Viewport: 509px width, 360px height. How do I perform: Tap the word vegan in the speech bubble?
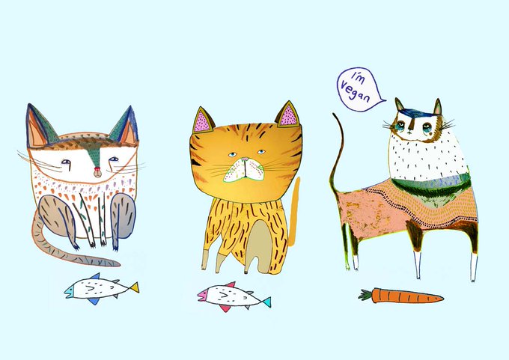pos(355,91)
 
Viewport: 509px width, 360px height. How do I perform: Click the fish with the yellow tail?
pos(101,289)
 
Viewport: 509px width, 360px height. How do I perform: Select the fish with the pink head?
pos(234,296)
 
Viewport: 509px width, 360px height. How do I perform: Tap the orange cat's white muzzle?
pos(245,170)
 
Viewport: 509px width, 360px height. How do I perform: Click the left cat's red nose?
pos(97,169)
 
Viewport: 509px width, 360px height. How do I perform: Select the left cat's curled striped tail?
pos(61,247)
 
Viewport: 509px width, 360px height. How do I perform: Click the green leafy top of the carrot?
pos(365,295)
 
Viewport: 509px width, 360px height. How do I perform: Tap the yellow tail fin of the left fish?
pos(134,287)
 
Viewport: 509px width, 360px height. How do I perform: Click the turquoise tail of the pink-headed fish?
pos(266,302)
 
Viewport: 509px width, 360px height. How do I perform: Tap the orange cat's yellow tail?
pos(294,211)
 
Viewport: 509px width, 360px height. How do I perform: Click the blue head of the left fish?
pos(69,290)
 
